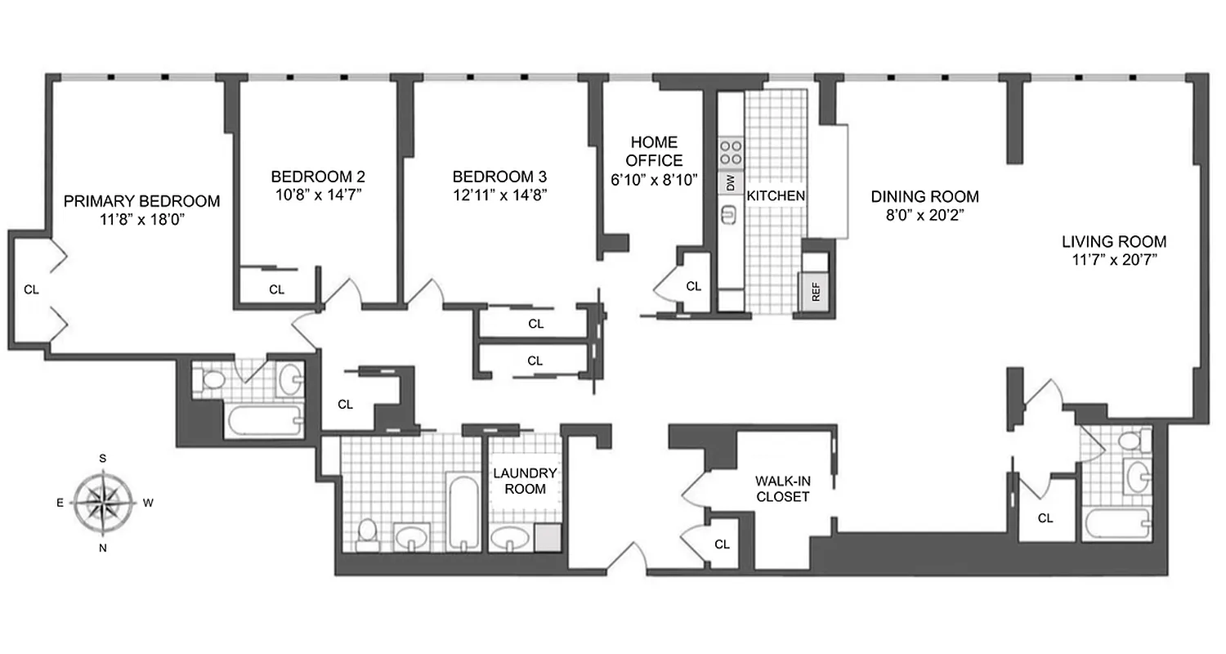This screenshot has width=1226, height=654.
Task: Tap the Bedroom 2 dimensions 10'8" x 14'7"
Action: click(x=318, y=194)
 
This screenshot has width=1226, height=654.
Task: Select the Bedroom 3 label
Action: click(x=499, y=177)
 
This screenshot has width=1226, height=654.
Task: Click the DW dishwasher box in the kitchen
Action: click(x=730, y=182)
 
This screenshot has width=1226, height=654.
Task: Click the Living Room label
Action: click(x=1113, y=242)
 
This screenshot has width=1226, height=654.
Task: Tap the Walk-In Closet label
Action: click(x=782, y=489)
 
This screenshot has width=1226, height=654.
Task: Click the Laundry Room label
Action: click(x=524, y=481)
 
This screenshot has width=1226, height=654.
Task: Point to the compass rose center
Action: click(x=103, y=502)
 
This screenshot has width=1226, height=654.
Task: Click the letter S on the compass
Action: click(x=103, y=458)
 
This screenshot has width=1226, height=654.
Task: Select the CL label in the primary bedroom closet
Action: click(x=30, y=289)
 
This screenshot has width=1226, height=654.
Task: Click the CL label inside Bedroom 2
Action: click(x=276, y=289)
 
